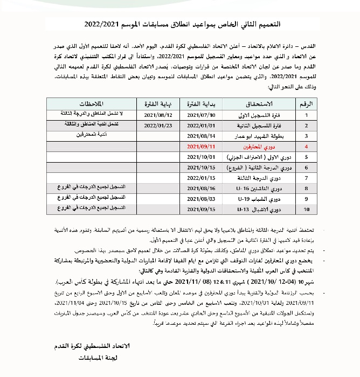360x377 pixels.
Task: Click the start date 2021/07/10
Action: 200,115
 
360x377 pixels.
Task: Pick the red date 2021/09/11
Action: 200,146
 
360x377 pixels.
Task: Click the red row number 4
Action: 306,146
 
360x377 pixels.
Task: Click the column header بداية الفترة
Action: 200,103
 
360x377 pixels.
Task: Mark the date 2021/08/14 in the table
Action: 200,135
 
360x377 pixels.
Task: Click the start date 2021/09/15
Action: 200,209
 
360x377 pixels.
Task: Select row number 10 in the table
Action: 306,209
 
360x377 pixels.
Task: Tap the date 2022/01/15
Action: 200,177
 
